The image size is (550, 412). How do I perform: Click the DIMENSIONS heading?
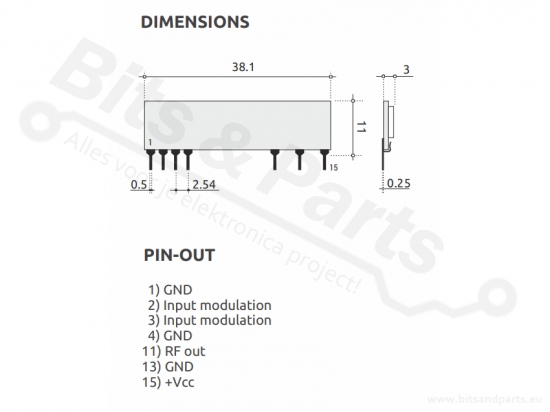coord(195,22)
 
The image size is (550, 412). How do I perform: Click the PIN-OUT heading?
coord(179,255)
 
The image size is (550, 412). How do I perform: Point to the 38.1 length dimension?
coord(243,67)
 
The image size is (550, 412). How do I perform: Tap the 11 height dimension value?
coord(361,127)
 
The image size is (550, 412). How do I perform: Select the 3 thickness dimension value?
coord(406,69)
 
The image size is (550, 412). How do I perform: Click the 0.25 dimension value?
coord(398,183)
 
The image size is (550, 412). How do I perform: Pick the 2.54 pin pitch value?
coord(204,184)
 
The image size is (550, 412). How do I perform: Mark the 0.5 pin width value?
coord(139,184)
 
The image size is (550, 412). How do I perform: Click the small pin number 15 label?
coord(334,168)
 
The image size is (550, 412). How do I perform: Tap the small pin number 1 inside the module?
coord(150,142)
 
